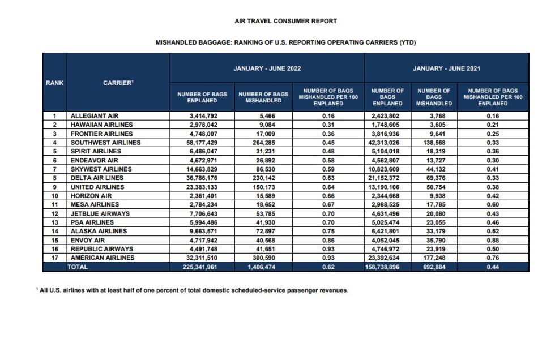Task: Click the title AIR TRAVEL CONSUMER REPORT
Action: pos(285,21)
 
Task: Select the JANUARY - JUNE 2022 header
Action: pos(267,68)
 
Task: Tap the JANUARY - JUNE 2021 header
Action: pos(446,68)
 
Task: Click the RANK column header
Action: pos(55,83)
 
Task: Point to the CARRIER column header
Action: pos(118,83)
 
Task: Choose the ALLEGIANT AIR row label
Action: pos(94,115)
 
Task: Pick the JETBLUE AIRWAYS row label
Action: pos(100,213)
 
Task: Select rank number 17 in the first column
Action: pos(55,258)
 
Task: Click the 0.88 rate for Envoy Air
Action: pos(493,240)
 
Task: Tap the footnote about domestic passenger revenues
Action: pos(193,290)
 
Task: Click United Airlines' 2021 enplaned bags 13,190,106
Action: pos(387,187)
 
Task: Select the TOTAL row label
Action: pos(78,267)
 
